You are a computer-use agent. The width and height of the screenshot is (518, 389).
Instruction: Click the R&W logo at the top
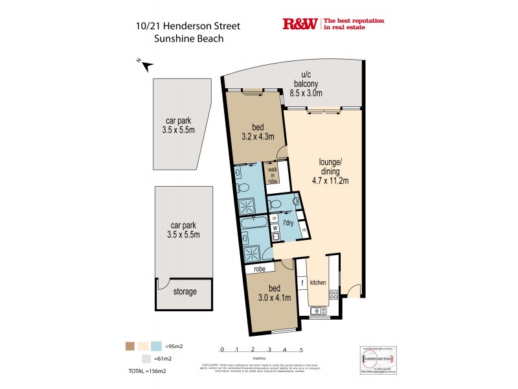click(x=300, y=24)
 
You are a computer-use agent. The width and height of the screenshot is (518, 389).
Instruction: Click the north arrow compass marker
click(x=146, y=65)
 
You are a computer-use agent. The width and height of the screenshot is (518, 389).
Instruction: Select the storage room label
click(x=185, y=292)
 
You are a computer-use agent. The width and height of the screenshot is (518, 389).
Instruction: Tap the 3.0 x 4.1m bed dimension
click(x=275, y=298)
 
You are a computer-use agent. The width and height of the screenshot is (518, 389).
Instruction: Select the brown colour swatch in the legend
click(x=130, y=346)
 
